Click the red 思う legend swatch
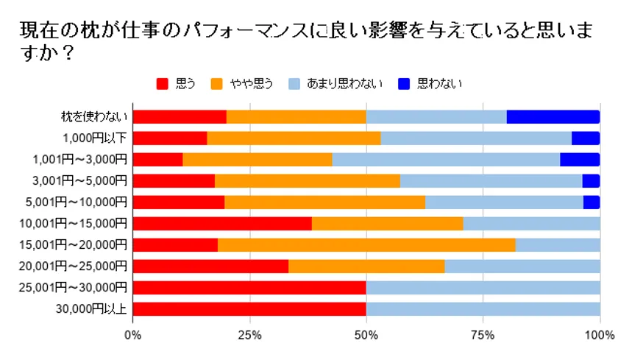163,83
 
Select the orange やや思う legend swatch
217,83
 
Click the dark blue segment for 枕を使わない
553,116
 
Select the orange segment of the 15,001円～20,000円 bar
366,244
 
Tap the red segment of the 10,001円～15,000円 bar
222,223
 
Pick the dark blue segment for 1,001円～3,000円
580,159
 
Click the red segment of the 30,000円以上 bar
249,308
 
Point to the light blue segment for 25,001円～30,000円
483,287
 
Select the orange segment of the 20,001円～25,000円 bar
366,266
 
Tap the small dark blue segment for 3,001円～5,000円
591,180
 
